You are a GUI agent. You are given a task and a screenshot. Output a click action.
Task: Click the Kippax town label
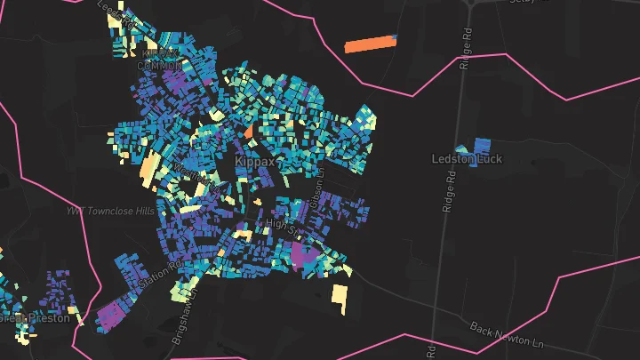coord(254,163)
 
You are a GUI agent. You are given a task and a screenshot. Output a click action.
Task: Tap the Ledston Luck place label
coord(467,159)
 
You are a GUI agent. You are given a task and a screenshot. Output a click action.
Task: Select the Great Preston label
coord(35,317)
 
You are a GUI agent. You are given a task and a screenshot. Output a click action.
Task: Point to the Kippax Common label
coord(160,60)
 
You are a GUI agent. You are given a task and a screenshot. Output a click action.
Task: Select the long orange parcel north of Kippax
coord(370,44)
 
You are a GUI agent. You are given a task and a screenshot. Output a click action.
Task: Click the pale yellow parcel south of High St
coord(339,299)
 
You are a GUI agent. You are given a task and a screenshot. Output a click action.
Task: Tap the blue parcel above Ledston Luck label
coord(482,145)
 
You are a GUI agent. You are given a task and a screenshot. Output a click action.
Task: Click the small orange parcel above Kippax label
coord(248,132)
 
